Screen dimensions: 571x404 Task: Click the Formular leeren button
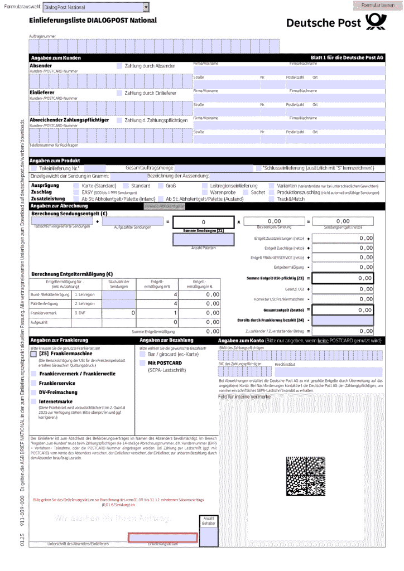(x=378, y=5)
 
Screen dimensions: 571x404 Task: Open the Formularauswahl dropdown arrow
(x=146, y=7)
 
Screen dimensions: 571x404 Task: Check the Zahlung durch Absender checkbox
(x=119, y=66)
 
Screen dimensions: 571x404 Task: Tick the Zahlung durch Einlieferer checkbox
(x=119, y=93)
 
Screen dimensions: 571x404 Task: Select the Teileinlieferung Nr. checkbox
(x=34, y=168)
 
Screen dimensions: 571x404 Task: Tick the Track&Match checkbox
(x=272, y=199)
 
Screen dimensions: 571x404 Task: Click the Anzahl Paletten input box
(x=203, y=239)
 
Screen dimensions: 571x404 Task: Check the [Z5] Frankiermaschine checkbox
(x=34, y=354)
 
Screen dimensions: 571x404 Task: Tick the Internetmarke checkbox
(x=34, y=401)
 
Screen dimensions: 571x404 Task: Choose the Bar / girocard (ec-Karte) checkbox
(x=143, y=354)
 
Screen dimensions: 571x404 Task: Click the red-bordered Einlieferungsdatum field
(x=162, y=538)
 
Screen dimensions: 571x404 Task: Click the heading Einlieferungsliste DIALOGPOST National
(x=93, y=21)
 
